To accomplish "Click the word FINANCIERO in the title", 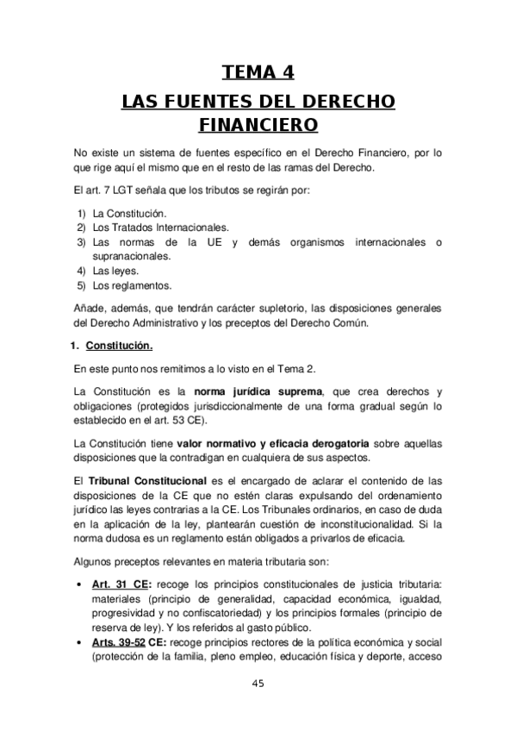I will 258,125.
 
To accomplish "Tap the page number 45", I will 258,684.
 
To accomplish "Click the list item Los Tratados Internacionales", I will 161,227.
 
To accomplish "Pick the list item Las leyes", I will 115,270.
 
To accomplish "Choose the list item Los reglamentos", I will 132,284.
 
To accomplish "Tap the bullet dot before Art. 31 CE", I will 79,584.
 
